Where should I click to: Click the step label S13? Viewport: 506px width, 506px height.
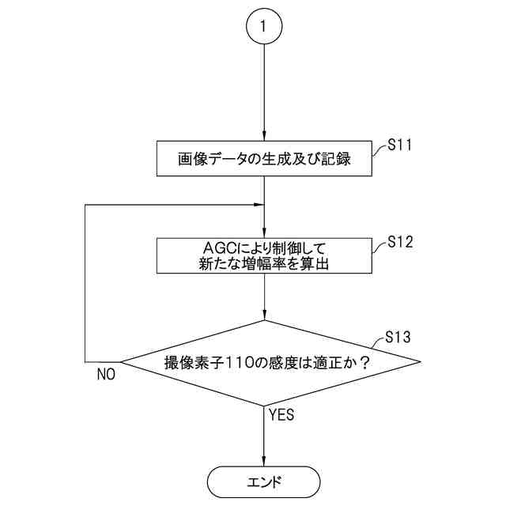click(398, 338)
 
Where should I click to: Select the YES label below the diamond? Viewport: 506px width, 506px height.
click(281, 414)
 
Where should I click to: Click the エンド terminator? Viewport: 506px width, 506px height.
click(264, 480)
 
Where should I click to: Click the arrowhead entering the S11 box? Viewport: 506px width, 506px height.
click(264, 138)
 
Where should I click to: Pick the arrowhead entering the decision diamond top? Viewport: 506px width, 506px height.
click(264, 316)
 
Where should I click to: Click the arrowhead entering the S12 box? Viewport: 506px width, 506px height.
click(264, 233)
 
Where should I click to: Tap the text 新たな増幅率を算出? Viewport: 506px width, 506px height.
click(264, 265)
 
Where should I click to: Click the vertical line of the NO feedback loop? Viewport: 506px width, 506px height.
click(85, 285)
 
